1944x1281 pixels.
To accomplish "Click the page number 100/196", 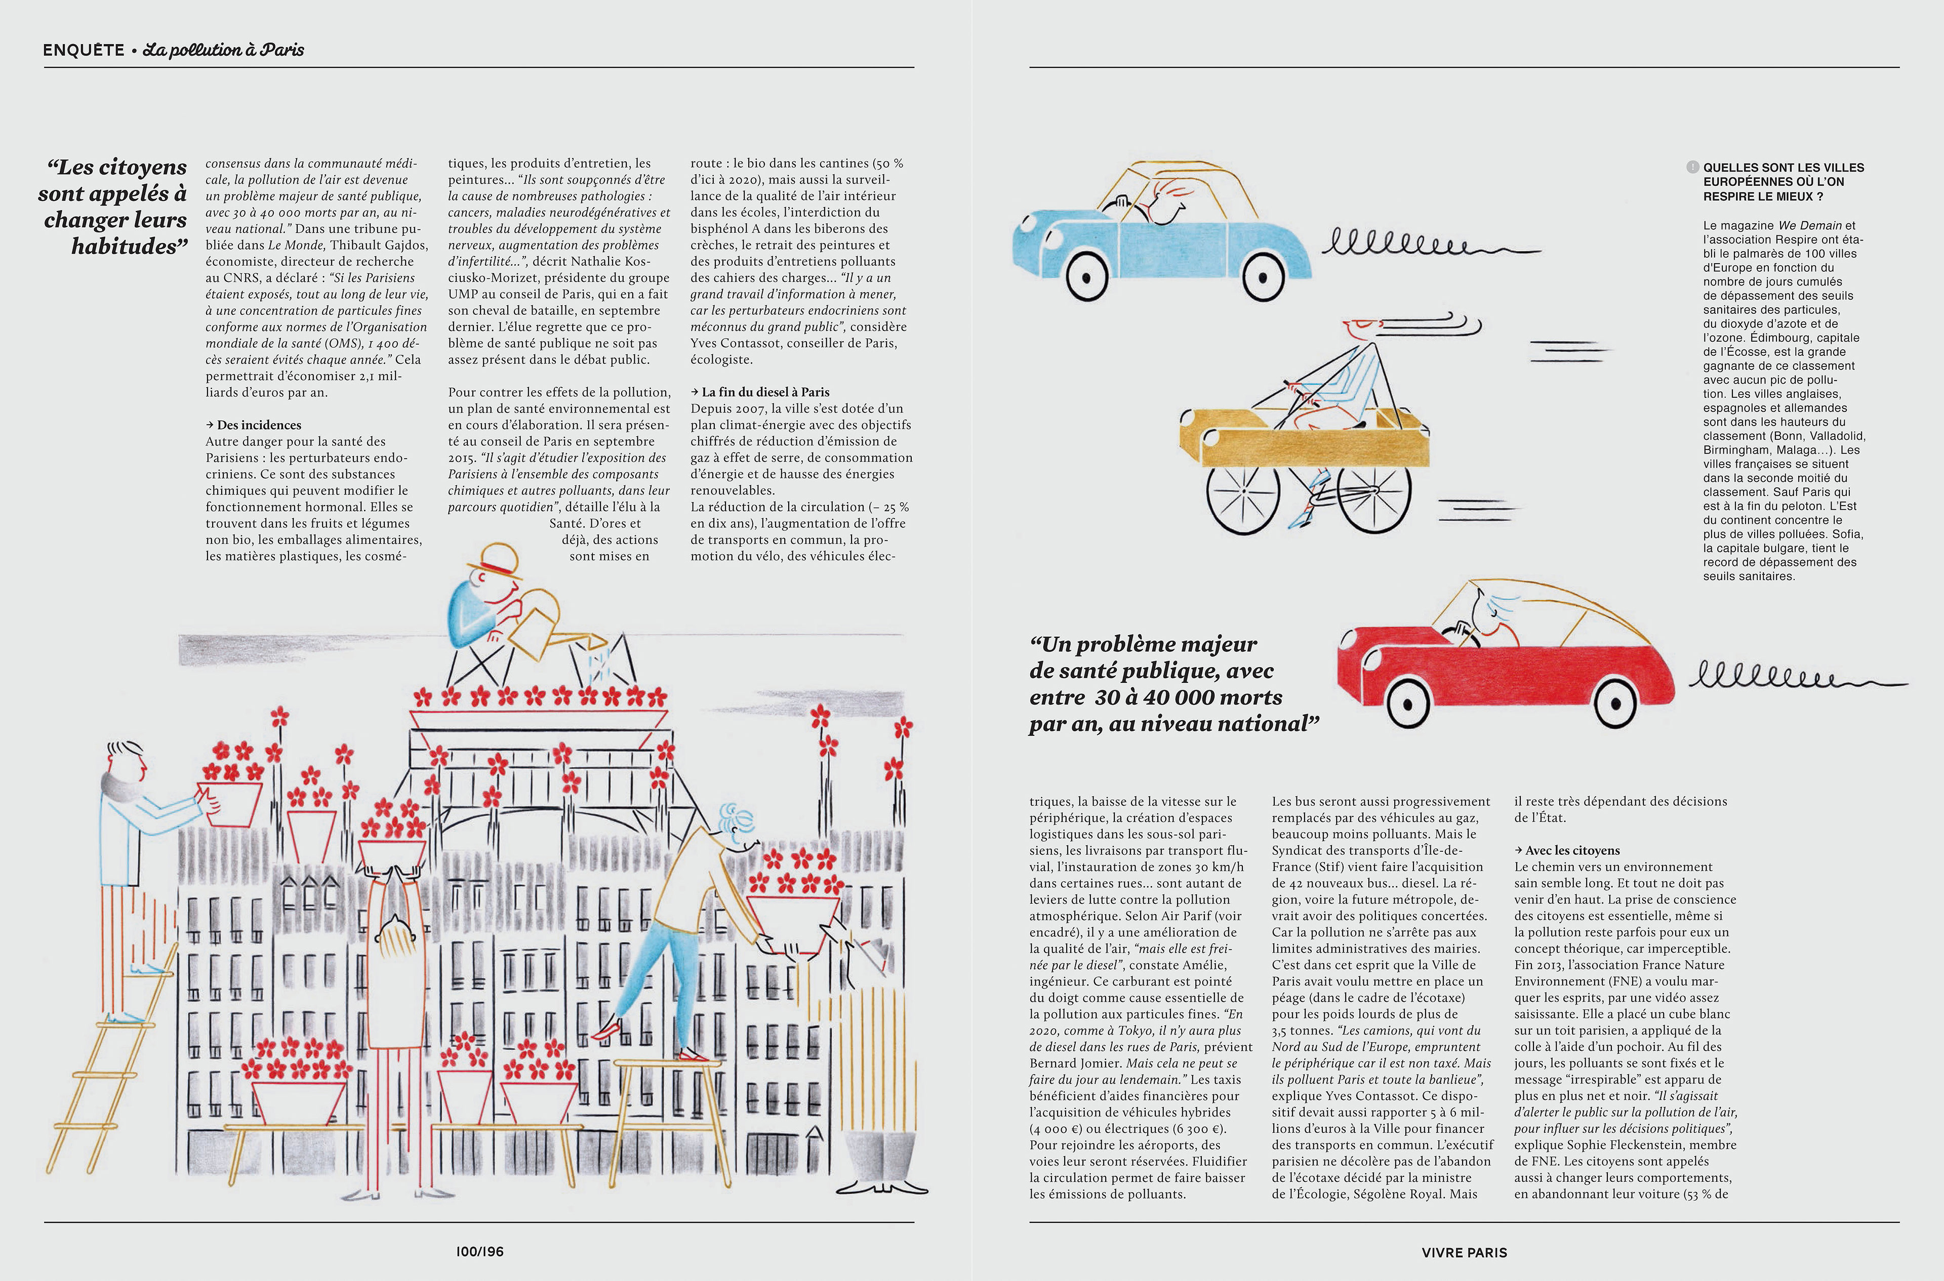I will click(x=479, y=1251).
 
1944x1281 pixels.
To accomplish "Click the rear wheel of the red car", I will click(x=1409, y=702).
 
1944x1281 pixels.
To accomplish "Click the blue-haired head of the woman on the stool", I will click(x=736, y=824).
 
